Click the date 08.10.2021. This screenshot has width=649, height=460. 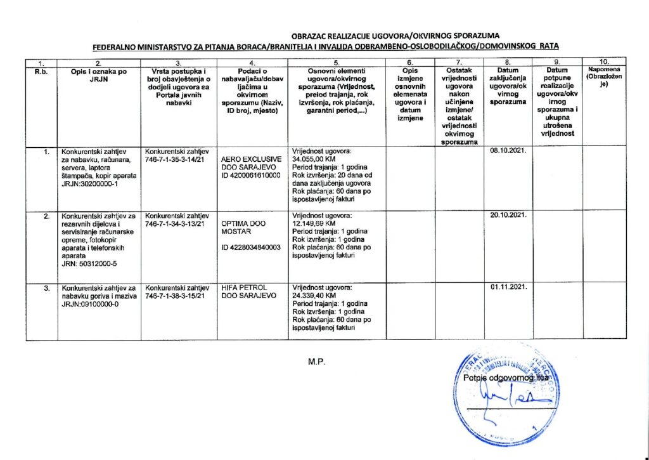(510, 151)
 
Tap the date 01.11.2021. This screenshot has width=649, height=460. (510, 289)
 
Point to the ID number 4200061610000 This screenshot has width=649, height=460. (251, 175)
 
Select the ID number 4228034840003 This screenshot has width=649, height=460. (251, 248)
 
